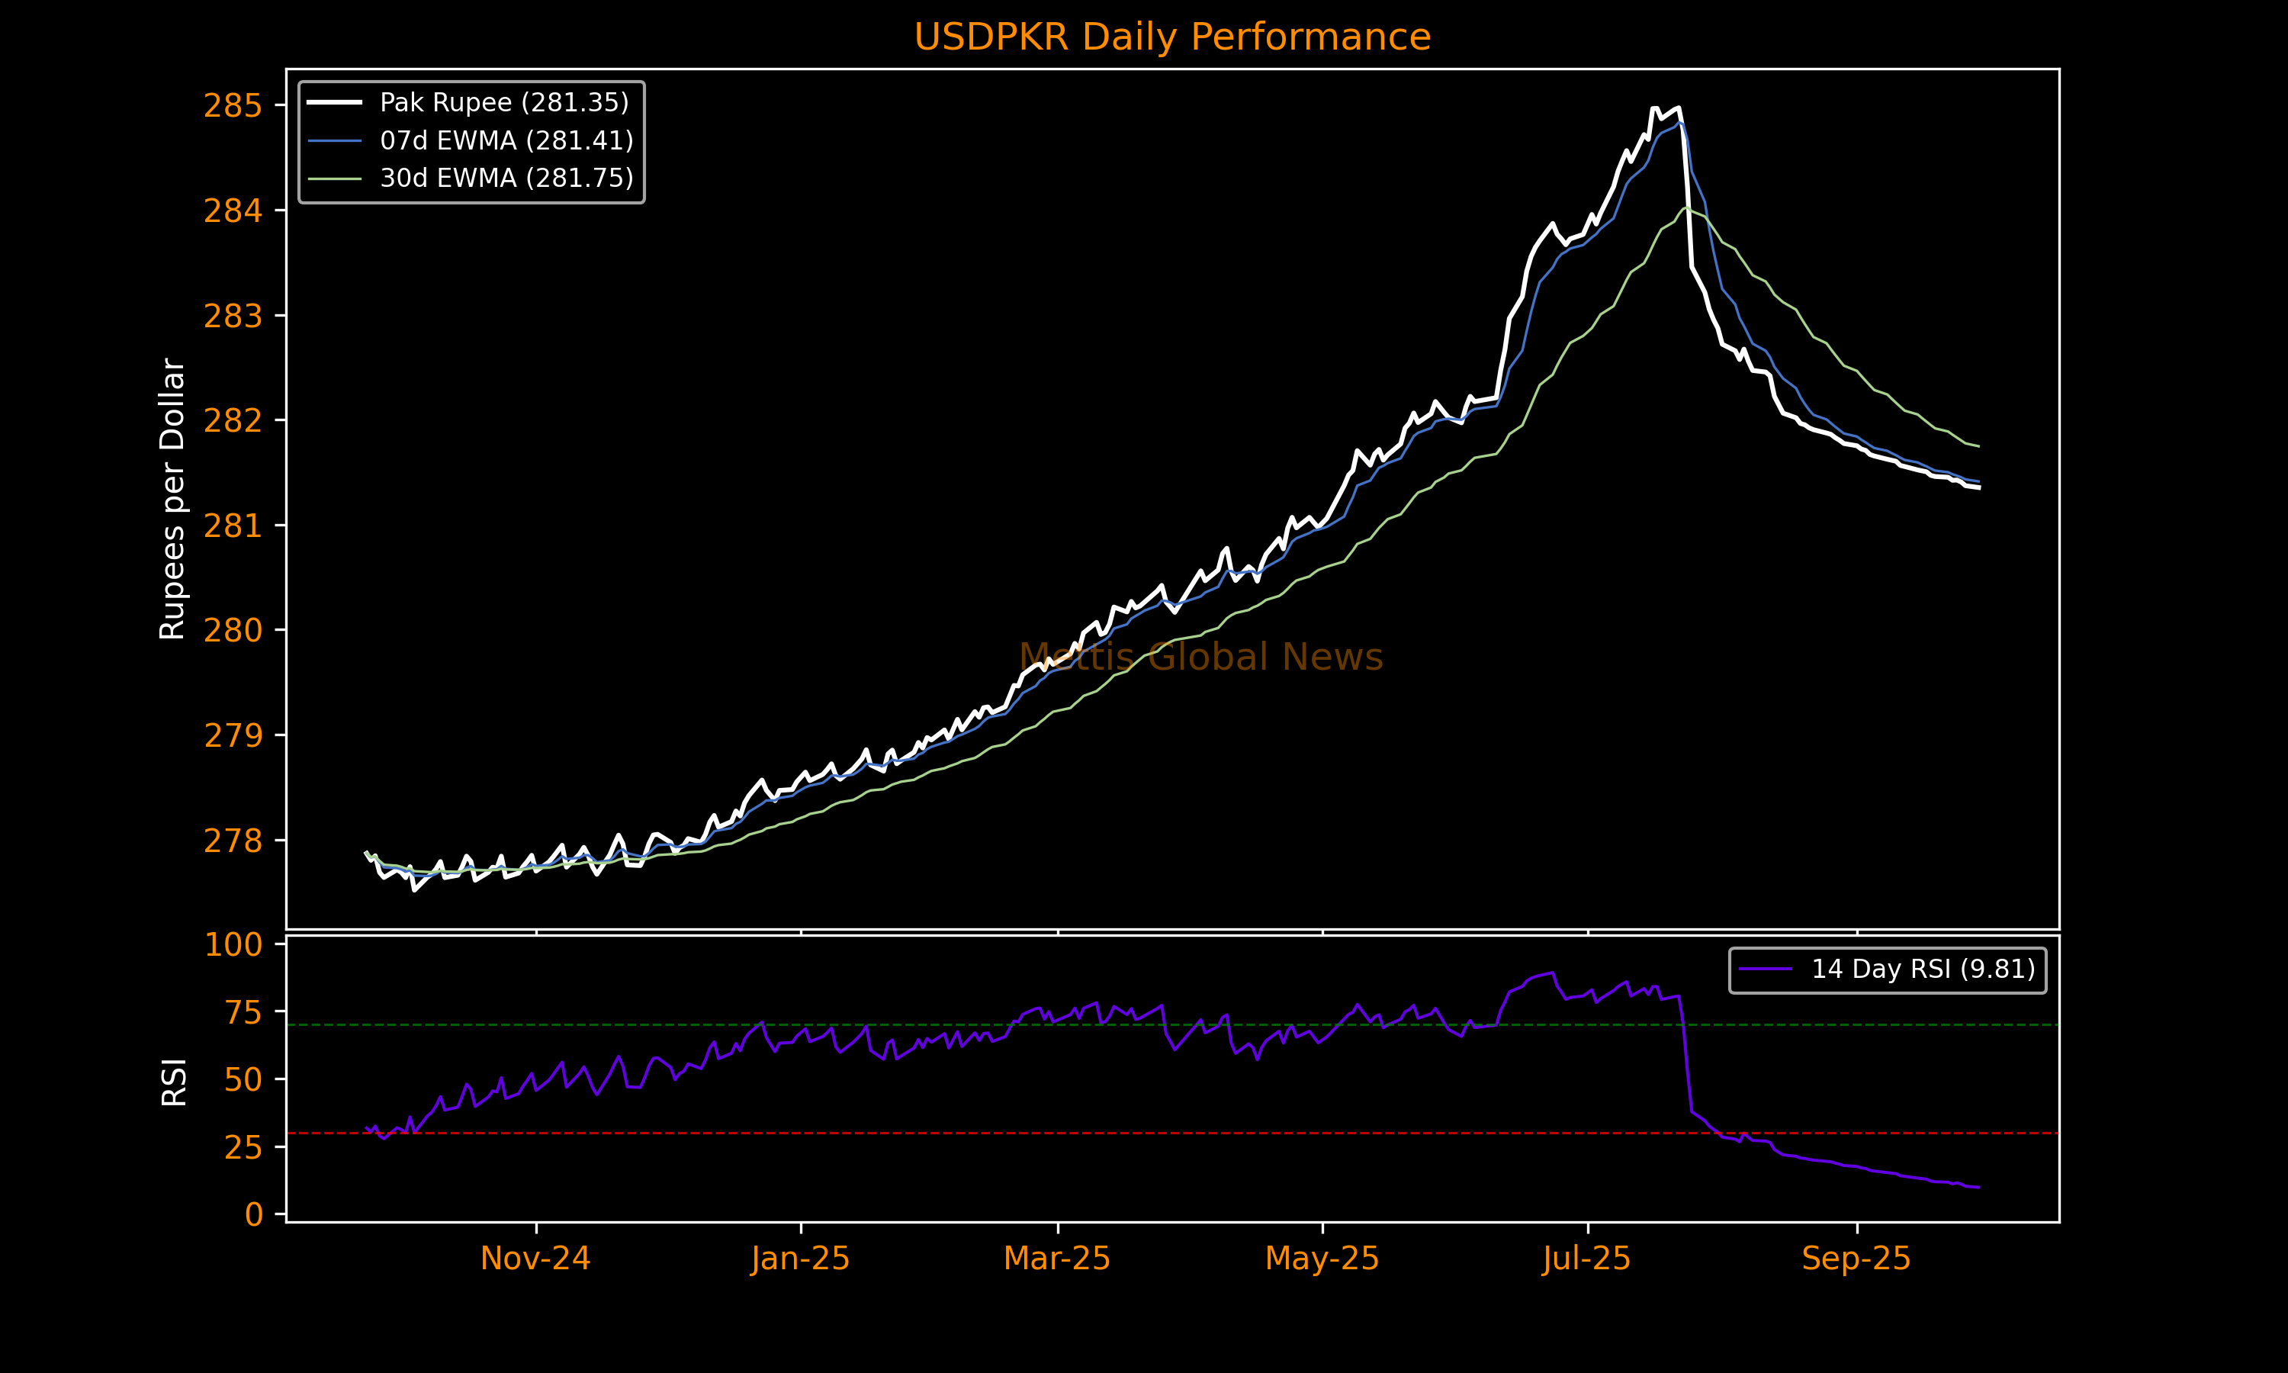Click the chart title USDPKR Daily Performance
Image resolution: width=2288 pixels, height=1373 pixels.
click(1171, 37)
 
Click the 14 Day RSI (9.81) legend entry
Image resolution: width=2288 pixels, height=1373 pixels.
click(1923, 969)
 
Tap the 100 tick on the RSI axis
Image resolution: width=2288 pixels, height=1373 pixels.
click(233, 944)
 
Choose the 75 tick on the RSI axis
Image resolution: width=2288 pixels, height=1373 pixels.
click(243, 1012)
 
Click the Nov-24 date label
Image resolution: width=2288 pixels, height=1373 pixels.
click(535, 1259)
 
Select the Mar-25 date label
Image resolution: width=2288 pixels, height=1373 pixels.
click(1057, 1259)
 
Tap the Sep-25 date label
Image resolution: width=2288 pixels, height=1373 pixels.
click(1856, 1259)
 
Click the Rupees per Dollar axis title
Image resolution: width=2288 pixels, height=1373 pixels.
click(173, 499)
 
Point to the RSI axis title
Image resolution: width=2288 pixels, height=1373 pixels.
click(174, 1082)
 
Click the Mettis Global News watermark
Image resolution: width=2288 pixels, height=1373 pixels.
click(1200, 657)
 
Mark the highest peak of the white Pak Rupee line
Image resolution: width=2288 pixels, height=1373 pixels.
click(1654, 108)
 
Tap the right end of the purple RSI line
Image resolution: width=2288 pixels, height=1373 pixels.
click(1978, 1187)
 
